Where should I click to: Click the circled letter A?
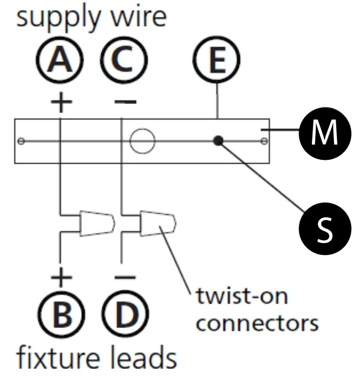tap(60, 60)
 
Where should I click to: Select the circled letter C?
tap(124, 60)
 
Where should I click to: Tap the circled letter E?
tap(217, 60)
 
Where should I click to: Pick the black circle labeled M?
tap(325, 133)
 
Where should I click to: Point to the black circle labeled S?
tap(325, 228)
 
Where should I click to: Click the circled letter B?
tap(62, 314)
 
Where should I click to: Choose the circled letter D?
tap(126, 314)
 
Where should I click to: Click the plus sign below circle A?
tap(61, 102)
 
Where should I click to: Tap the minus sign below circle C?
tap(126, 102)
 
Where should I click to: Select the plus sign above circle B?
tap(61, 277)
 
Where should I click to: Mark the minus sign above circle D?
tap(125, 277)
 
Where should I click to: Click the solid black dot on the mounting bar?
tap(218, 140)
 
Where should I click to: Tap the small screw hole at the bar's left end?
tap(21, 141)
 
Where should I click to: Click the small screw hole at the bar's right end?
tap(264, 141)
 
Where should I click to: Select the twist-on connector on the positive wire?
tap(97, 223)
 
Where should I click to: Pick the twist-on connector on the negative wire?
tap(158, 223)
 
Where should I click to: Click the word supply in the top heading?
tap(58, 18)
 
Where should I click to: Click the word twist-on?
tap(242, 296)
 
